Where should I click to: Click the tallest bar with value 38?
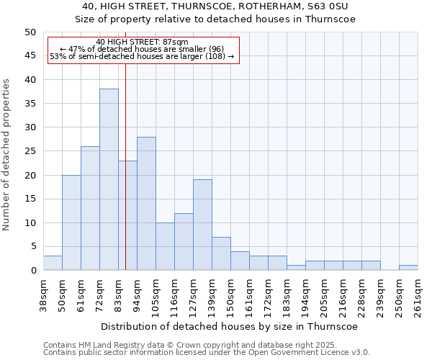click(x=109, y=179)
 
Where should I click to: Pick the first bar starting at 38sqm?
click(x=53, y=263)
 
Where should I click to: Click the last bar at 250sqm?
click(x=408, y=268)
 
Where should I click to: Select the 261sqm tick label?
click(x=418, y=294)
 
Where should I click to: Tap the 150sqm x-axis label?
click(x=231, y=294)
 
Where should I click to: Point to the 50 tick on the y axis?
click(x=30, y=32)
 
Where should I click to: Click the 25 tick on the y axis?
click(x=30, y=151)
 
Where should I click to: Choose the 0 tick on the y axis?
click(x=32, y=271)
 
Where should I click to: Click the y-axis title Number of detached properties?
click(x=7, y=155)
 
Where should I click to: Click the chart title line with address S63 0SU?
click(x=215, y=6)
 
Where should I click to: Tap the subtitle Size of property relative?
click(x=215, y=19)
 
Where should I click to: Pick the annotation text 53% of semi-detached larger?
click(x=142, y=56)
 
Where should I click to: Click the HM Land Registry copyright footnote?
click(x=205, y=345)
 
